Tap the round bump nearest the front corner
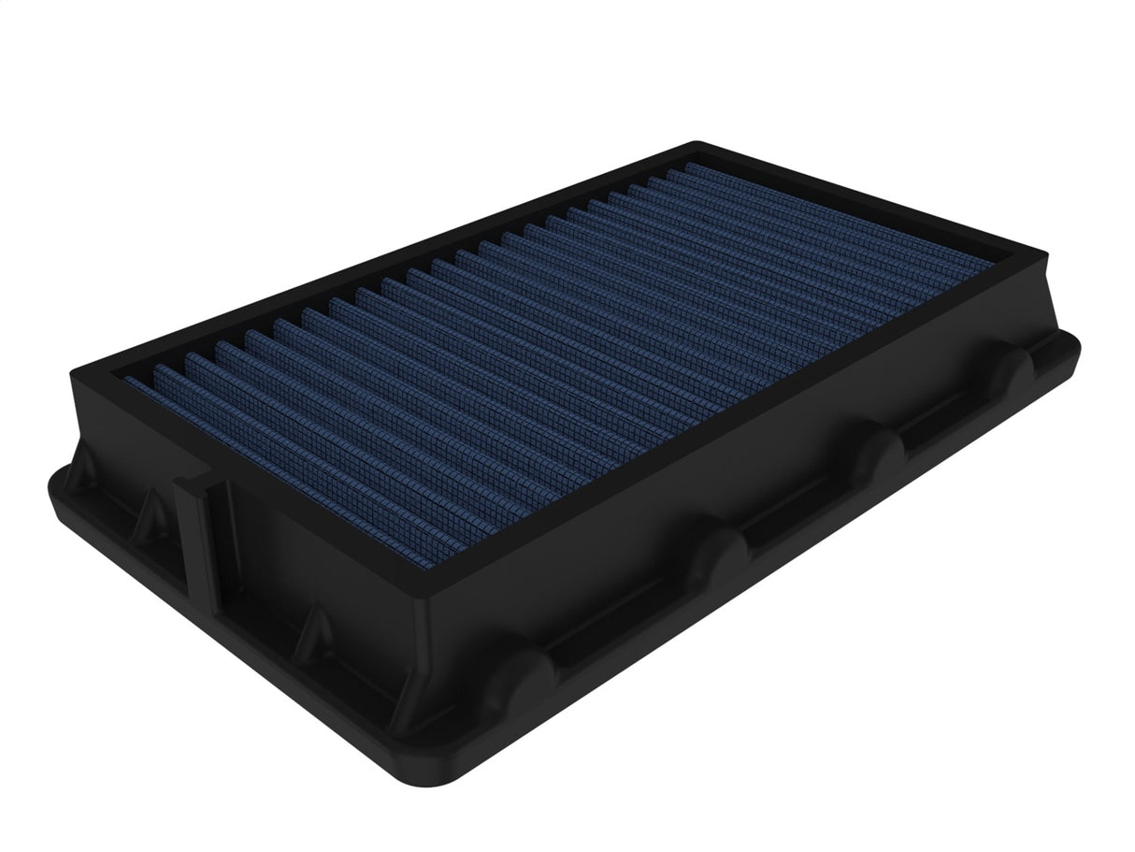coord(524,674)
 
